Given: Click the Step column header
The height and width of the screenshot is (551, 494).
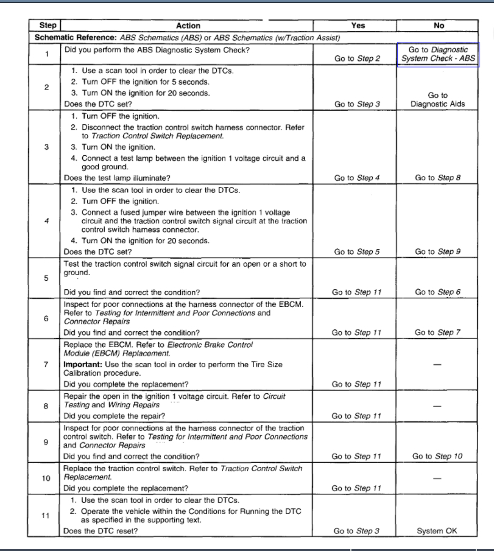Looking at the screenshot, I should [48, 26].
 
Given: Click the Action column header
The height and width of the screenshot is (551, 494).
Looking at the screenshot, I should [188, 26].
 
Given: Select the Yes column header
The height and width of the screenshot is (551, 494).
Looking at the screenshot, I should [358, 26].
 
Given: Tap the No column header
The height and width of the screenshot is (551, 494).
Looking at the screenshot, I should [439, 26].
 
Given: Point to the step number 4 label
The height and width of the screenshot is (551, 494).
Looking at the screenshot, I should [47, 220].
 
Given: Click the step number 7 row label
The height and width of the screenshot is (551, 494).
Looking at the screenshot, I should [47, 364].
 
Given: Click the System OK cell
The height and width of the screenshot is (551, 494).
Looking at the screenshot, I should [437, 531].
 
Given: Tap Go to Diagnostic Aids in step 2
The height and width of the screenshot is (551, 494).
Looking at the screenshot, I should [437, 100].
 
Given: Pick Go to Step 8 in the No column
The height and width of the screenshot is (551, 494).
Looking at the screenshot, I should [437, 178].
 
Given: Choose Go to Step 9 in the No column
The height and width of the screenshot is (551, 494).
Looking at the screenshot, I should [437, 251].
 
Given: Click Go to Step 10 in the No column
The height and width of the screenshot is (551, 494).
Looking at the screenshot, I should [437, 456].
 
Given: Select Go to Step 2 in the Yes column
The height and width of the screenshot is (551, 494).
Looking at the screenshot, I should [358, 59].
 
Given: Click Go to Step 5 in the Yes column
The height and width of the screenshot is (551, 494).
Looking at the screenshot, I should [358, 251].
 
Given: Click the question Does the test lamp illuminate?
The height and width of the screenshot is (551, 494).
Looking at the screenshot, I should [117, 178].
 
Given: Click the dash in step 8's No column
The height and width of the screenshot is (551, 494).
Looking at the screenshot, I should [437, 405].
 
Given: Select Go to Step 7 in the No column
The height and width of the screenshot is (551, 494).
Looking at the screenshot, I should [437, 332].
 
